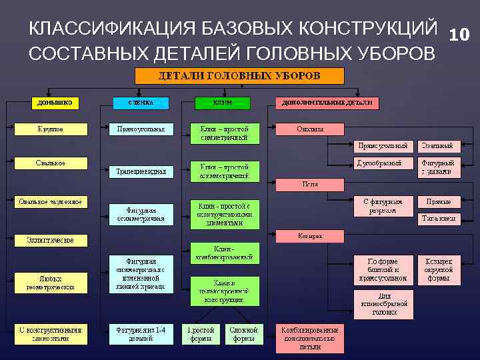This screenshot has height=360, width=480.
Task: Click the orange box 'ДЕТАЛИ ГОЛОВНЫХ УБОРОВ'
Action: tap(239, 75)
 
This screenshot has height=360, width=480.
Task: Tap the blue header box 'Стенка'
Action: tap(141, 103)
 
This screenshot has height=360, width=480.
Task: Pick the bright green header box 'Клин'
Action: tap(223, 103)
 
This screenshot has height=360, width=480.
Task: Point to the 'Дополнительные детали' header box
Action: tap(327, 103)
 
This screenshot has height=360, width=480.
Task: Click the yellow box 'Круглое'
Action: tap(50, 129)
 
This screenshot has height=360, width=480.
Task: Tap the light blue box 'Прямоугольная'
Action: tap(141, 129)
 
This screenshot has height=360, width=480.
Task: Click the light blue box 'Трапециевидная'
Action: tap(141, 171)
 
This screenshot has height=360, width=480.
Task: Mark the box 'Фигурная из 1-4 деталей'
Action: tap(141, 333)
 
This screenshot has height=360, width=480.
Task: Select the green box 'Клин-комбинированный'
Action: tap(224, 252)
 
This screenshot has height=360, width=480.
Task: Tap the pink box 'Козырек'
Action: tap(310, 235)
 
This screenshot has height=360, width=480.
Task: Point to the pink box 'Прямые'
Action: tap(439, 201)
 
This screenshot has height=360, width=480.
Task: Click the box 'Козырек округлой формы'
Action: tap(439, 269)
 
